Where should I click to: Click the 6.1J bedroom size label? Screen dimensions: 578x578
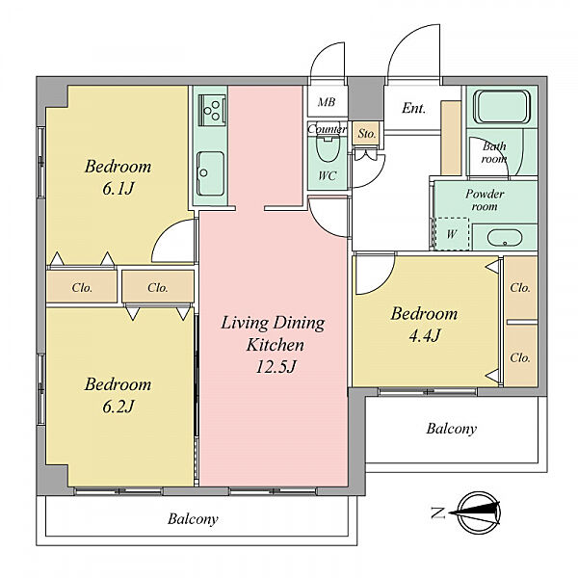pos(118,189)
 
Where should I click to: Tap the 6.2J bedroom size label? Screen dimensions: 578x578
pos(118,407)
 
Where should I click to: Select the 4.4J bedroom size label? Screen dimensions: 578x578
pos(424,335)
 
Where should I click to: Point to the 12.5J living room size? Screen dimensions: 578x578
pos(276,366)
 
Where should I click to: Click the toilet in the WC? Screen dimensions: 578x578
pos(328,148)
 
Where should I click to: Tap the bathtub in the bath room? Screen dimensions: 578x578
pos(502,107)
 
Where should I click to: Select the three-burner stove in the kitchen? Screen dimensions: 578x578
pos(212,110)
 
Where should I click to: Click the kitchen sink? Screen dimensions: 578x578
pos(210,173)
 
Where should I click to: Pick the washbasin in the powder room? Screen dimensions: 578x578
pos(504,238)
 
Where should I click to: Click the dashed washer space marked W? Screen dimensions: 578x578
pos(452,234)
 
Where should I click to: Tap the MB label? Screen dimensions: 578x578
pos(327,102)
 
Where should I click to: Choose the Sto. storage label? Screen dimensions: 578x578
pos(367,134)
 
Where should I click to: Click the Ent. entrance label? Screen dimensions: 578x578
pos(413,108)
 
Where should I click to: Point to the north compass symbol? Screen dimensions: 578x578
pos(478,512)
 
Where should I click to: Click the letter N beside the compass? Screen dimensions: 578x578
pos(438,512)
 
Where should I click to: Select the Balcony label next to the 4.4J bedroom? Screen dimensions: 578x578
pos(452,429)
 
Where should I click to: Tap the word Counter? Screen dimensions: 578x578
pos(327,129)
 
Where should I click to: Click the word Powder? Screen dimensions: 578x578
pos(485,194)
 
